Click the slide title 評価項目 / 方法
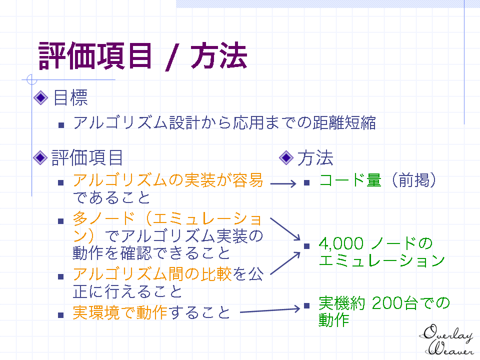(142, 56)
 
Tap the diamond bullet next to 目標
(40, 98)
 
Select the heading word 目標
(70, 98)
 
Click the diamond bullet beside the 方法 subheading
(286, 157)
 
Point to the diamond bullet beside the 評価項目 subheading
(40, 157)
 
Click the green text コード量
(350, 180)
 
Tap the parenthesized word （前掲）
(413, 180)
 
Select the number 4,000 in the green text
(341, 243)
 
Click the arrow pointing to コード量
(283, 183)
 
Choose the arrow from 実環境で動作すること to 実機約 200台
(270, 310)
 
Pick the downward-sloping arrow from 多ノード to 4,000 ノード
(285, 229)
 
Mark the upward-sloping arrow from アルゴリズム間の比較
(285, 263)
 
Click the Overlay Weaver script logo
(446, 340)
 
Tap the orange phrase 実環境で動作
(120, 312)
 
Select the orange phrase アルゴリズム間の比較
(152, 274)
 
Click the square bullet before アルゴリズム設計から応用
(61, 125)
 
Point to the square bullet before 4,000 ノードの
(307, 246)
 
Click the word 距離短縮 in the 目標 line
(344, 123)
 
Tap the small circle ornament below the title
(31, 79)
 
